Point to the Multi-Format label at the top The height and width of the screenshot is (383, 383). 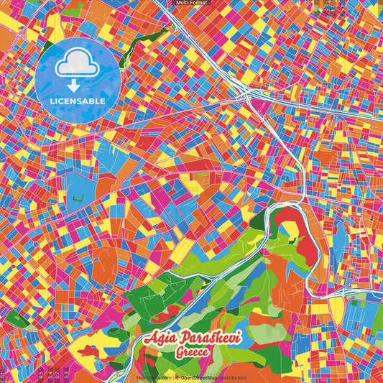pos(191,4)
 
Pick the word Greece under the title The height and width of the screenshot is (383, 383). pos(193,353)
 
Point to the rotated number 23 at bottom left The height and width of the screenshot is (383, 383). pos(67,373)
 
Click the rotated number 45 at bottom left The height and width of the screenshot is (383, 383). pos(40,373)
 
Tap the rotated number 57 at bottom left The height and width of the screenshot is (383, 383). pos(57,373)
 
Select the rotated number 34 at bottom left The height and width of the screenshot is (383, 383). pos(49,373)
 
